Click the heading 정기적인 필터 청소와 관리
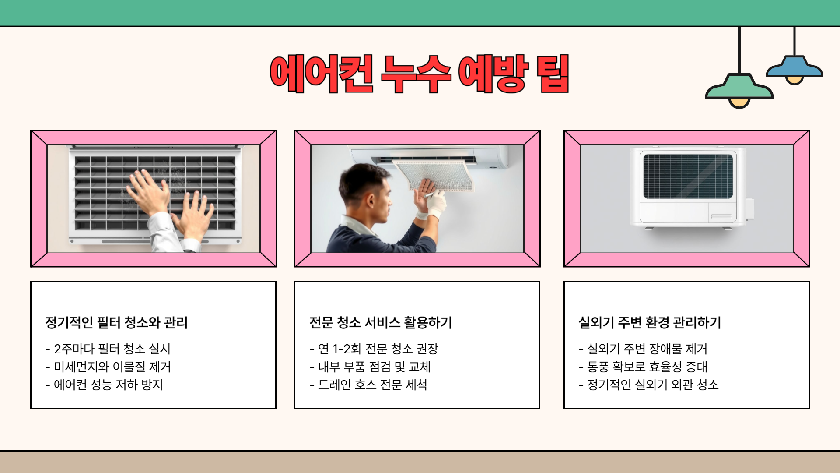tap(116, 323)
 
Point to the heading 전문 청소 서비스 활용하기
tap(380, 323)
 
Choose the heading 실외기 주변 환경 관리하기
tap(649, 323)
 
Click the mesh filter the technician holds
tap(437, 173)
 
